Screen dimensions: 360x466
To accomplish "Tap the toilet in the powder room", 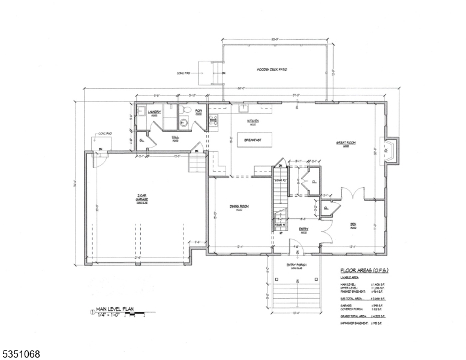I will (x=186, y=112).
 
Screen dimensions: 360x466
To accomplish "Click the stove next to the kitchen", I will (x=213, y=122).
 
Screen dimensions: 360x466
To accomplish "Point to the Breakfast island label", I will (x=253, y=140).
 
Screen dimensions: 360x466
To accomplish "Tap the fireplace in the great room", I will (x=391, y=151).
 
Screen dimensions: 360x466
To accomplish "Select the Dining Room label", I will (x=239, y=206).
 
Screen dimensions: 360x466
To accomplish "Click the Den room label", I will (x=353, y=225).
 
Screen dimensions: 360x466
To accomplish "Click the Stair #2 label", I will (x=279, y=180).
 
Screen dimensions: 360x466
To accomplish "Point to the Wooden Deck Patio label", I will (x=272, y=70).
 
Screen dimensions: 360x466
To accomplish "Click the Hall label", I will (x=176, y=137).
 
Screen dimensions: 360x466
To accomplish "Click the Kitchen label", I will (x=252, y=121).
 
